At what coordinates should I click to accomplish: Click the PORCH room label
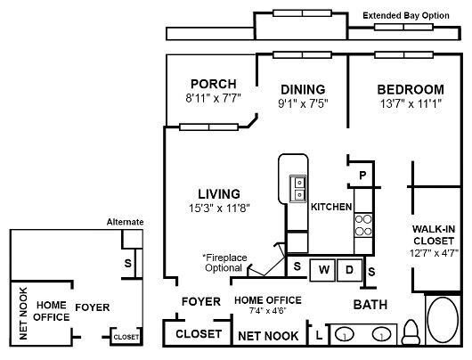point(212,85)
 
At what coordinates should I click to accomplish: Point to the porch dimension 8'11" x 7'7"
point(213,99)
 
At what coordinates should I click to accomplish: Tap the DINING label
point(303,89)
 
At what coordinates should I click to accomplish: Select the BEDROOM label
point(410,89)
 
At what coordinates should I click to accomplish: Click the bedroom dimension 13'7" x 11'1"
point(410,103)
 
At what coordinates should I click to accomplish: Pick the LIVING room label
point(218,193)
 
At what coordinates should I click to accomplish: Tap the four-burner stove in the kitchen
point(364,224)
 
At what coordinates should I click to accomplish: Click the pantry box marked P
point(362,176)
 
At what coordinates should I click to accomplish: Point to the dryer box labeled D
point(350,268)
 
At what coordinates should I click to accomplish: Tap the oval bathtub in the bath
point(442,326)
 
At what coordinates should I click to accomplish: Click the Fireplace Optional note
point(224,262)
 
